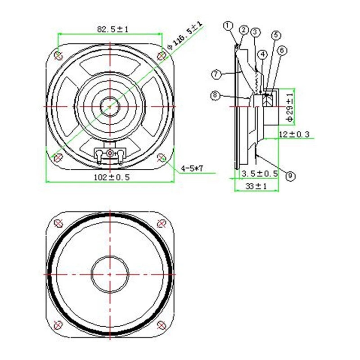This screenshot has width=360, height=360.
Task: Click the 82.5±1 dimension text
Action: pyautogui.click(x=113, y=29)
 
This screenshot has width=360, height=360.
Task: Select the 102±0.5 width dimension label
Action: pyautogui.click(x=112, y=177)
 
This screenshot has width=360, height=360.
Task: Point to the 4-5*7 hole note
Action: pyautogui.click(x=192, y=169)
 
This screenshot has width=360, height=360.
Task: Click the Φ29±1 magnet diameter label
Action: pyautogui.click(x=290, y=107)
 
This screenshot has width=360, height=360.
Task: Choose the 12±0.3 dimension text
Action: pyautogui.click(x=294, y=134)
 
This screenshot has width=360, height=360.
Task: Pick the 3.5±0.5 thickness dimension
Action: pyautogui.click(x=260, y=174)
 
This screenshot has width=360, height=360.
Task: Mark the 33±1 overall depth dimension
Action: pyautogui.click(x=256, y=186)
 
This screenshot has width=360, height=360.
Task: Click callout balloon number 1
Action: pyautogui.click(x=228, y=26)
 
